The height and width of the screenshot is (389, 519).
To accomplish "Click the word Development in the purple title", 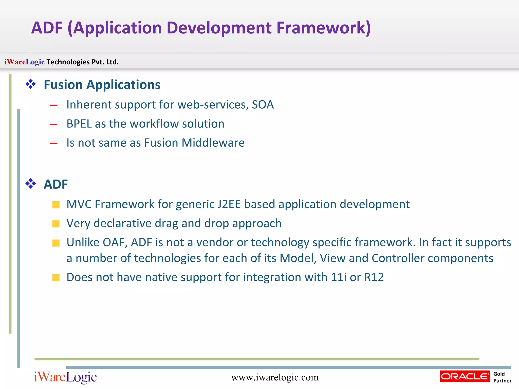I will click(219, 28).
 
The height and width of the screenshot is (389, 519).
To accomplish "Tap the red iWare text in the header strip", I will click(15, 62).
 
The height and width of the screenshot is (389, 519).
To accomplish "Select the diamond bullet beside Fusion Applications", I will click(31, 84).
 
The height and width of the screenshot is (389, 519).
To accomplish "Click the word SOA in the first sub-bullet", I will click(263, 105).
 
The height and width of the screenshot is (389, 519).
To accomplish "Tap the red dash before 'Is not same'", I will click(54, 143).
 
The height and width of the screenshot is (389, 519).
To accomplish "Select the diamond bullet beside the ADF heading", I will click(31, 184).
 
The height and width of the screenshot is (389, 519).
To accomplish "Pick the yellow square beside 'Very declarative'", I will click(56, 224).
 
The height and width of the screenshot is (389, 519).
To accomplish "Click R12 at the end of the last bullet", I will click(374, 277).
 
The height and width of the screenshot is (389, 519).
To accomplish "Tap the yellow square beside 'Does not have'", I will click(56, 278).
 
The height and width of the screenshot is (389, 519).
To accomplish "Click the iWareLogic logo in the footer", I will click(65, 377).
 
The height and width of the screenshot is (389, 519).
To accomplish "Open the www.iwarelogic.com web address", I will click(275, 377).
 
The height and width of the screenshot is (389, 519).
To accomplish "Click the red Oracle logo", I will click(465, 376).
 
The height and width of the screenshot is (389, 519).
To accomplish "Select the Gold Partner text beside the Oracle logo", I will click(502, 377).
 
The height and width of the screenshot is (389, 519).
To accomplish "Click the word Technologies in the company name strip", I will click(68, 62).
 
